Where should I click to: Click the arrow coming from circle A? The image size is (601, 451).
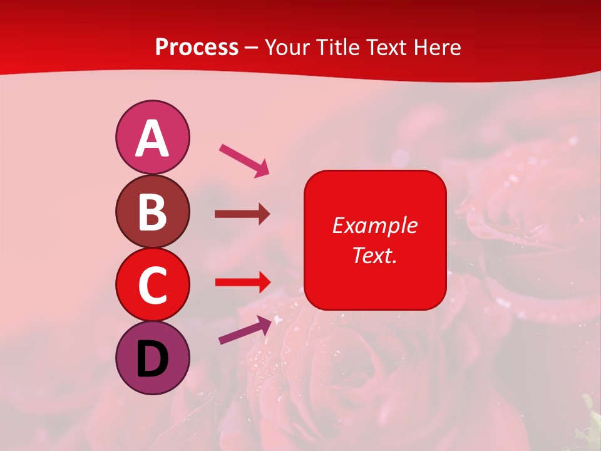[x=244, y=160]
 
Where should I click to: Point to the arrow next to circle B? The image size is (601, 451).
[x=242, y=214]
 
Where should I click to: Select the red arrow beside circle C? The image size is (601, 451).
[x=243, y=282]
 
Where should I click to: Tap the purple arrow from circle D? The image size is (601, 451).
[x=245, y=330]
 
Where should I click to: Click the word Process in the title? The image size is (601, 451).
[x=197, y=48]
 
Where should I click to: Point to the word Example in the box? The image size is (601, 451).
[x=374, y=225]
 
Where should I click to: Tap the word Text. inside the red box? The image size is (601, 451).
[x=374, y=255]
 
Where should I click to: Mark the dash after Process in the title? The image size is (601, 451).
[x=251, y=48]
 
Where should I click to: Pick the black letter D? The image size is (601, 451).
[x=152, y=360]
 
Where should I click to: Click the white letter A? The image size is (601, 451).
[x=152, y=138]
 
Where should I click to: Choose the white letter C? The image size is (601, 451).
[x=152, y=285]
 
